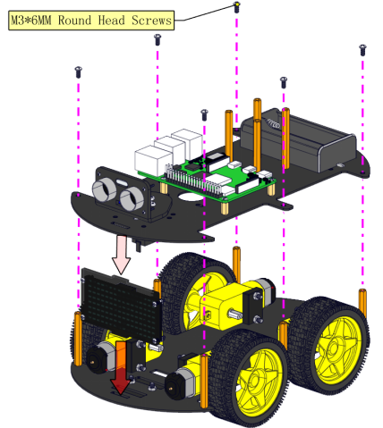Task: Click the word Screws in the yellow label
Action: [151, 21]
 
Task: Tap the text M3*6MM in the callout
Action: [31, 21]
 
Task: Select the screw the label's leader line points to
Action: [236, 7]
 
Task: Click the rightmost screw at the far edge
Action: [362, 50]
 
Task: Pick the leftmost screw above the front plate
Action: [78, 71]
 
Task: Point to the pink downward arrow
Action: [121, 254]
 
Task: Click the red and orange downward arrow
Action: [121, 368]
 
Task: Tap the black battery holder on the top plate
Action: [298, 139]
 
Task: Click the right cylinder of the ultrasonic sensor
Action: [132, 199]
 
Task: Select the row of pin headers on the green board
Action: [193, 180]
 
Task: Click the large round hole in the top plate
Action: [190, 197]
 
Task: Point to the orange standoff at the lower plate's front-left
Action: [78, 339]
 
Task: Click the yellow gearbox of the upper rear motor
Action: [226, 306]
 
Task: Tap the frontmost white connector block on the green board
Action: [153, 160]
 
